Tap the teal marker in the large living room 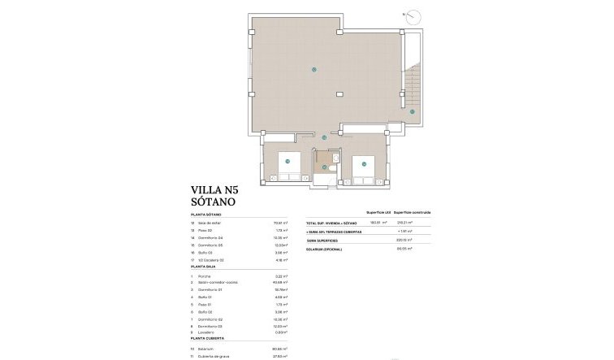(x=313, y=70)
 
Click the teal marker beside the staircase (x=412, y=111)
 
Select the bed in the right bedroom (x=365, y=170)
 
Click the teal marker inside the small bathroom (x=325, y=167)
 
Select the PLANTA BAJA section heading (x=204, y=267)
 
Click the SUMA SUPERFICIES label (x=322, y=241)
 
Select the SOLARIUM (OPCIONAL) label (x=324, y=249)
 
